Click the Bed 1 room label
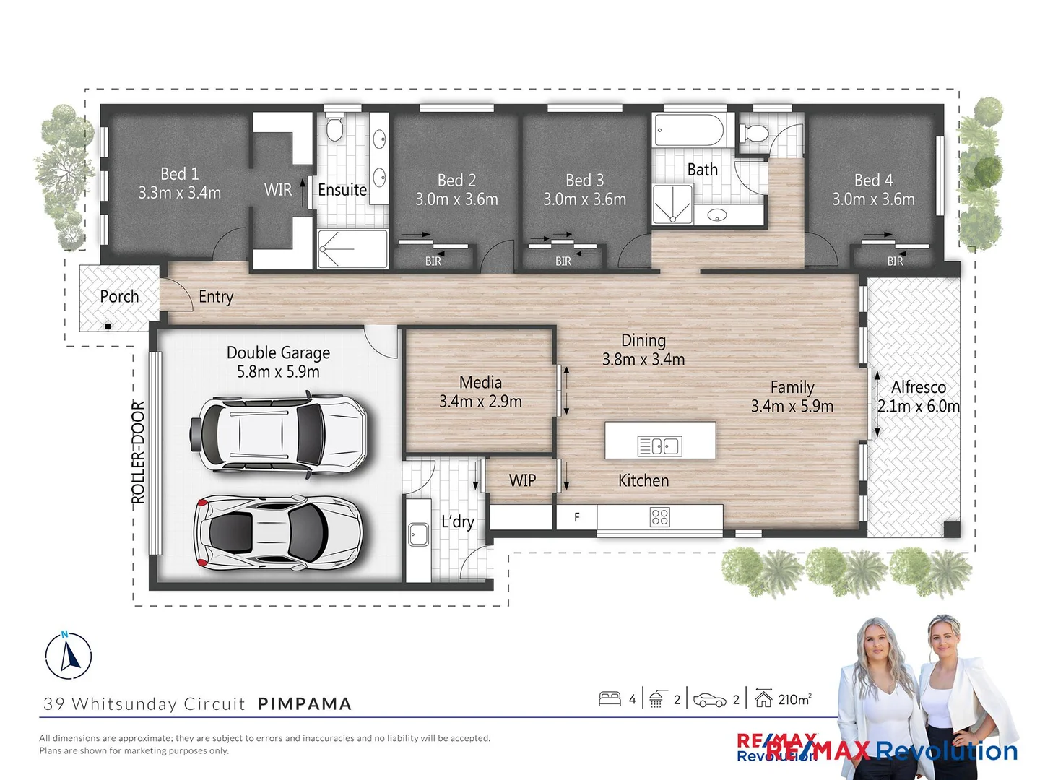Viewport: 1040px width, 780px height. coord(179,174)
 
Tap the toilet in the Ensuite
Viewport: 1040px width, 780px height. coord(334,129)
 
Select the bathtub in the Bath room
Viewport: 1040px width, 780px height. coord(689,131)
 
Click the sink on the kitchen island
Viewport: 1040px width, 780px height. coord(659,446)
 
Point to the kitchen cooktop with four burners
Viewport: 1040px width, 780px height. coord(659,516)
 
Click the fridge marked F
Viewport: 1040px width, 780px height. coord(576,517)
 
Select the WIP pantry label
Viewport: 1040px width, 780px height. coord(522,480)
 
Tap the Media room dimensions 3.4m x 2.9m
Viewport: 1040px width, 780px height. coord(480,402)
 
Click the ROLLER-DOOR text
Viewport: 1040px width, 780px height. coord(138,452)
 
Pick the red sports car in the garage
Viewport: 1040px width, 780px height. coord(277,532)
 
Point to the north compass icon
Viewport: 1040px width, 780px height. coord(69,655)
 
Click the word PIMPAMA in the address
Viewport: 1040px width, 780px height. coord(305,703)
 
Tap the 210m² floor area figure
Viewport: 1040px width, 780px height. coord(794,699)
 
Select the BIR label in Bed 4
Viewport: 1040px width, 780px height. coord(895,261)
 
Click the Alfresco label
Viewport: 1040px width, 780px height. coord(918,387)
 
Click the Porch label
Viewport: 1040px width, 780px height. coord(119,297)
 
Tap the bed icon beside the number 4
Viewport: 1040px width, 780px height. coord(610,698)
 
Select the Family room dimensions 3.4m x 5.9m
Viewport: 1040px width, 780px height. coord(792,407)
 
